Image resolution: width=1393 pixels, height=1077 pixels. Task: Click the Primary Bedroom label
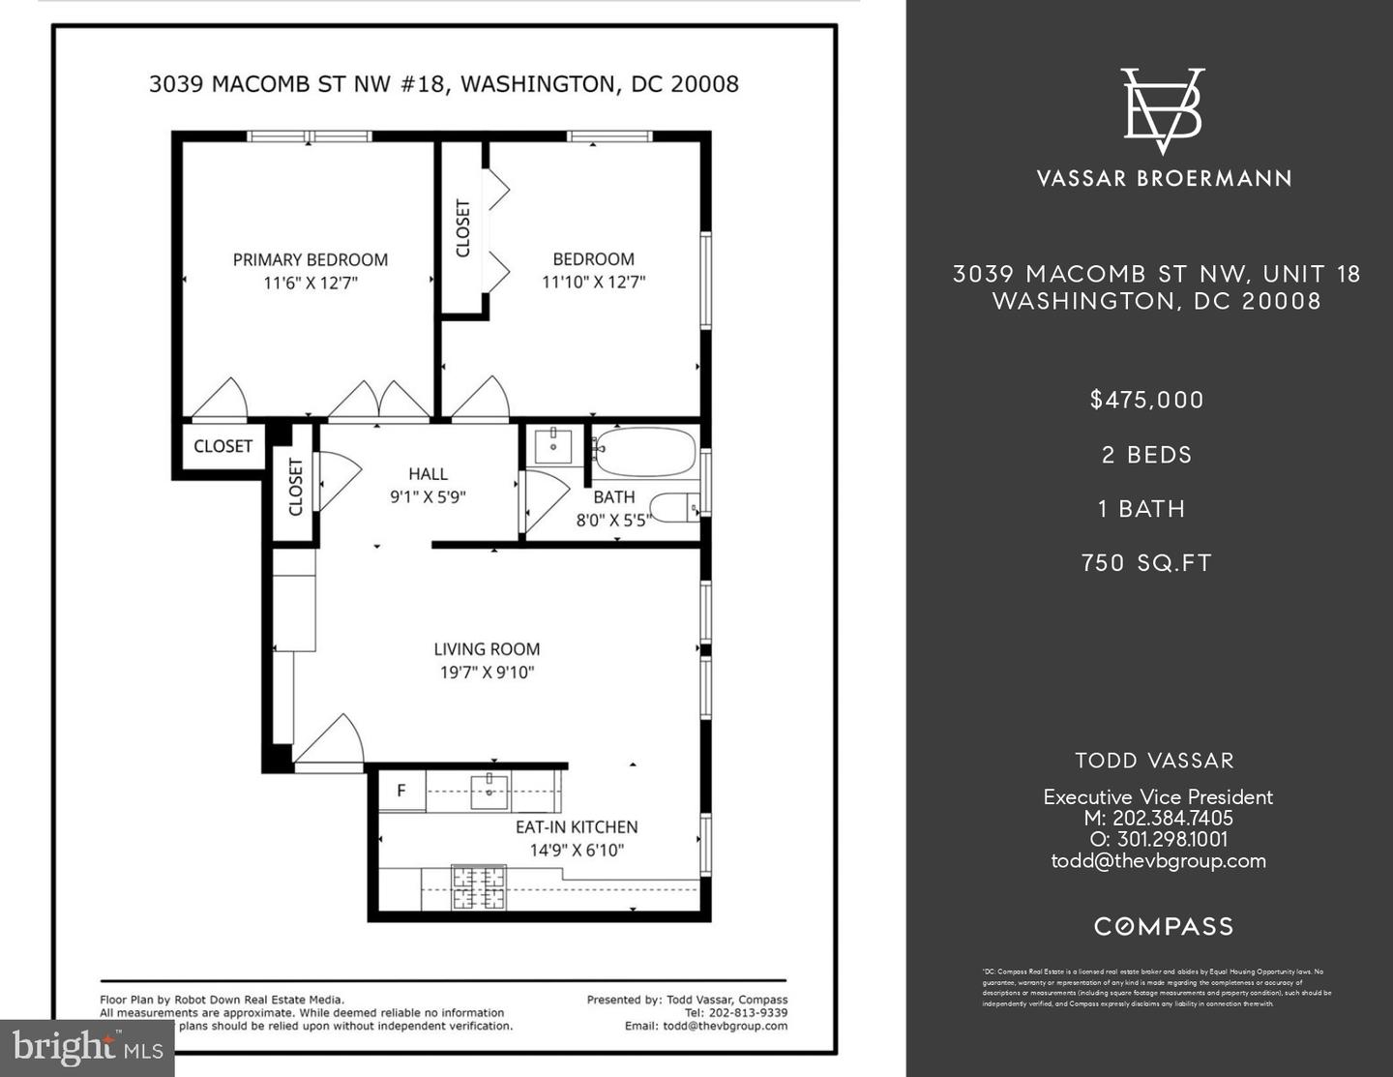[310, 259]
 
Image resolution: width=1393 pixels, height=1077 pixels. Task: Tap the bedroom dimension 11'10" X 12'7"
[593, 283]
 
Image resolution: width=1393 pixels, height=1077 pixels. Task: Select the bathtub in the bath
[644, 452]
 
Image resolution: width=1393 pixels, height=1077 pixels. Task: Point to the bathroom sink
[553, 446]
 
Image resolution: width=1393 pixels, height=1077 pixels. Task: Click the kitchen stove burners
[479, 887]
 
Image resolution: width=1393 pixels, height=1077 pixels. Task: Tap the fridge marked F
[400, 792]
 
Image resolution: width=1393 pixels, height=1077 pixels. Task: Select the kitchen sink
[489, 791]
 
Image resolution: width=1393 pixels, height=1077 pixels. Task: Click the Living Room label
[487, 649]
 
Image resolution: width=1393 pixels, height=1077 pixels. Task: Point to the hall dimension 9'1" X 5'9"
[428, 497]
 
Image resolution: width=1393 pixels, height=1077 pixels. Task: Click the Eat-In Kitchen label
[577, 827]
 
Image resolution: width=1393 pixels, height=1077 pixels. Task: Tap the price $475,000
[1147, 400]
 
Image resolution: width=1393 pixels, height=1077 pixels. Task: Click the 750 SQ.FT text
[1147, 563]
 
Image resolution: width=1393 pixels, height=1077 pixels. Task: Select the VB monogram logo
[1163, 110]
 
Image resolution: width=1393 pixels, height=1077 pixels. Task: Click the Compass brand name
[1164, 927]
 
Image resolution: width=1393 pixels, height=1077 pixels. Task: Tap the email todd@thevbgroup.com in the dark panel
[1158, 861]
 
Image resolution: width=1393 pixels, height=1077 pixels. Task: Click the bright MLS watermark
[87, 1047]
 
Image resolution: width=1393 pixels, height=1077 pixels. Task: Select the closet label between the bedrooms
[463, 228]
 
